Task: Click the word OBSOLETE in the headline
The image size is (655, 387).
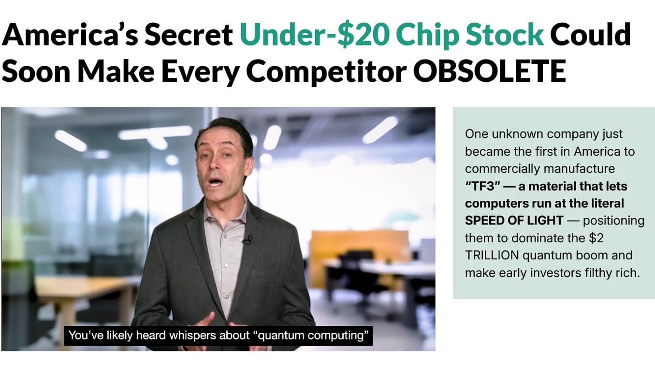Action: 489,71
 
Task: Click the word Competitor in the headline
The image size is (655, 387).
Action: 326,71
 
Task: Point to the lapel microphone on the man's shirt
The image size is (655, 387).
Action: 248,239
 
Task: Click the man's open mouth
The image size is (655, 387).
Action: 216,182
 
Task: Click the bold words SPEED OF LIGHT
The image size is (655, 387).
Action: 514,221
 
